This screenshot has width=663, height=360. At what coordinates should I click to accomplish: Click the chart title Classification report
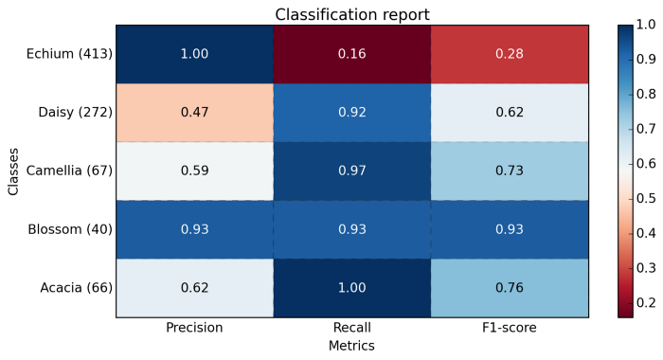tap(352, 14)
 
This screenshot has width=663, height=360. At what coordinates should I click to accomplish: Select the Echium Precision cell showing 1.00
tap(194, 54)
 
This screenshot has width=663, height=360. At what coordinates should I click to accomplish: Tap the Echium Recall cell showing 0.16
tap(352, 54)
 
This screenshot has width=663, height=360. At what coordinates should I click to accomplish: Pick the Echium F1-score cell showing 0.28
tap(510, 54)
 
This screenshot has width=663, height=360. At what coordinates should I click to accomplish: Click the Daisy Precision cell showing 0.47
tap(194, 113)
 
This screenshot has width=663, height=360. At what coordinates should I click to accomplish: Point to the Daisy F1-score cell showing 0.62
tap(510, 113)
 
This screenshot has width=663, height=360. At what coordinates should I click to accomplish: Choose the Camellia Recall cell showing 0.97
tap(352, 171)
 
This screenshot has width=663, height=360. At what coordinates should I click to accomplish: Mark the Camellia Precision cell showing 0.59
tap(194, 171)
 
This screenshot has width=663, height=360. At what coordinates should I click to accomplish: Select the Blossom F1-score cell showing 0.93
tap(510, 230)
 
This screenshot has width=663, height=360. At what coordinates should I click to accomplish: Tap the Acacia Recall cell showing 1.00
tap(352, 289)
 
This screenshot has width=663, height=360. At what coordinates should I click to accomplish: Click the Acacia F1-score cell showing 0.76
tap(510, 289)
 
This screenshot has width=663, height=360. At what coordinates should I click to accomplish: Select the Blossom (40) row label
tap(71, 230)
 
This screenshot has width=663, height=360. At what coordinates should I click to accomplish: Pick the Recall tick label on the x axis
tap(352, 328)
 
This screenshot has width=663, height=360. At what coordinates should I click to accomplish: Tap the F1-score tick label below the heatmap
tap(510, 328)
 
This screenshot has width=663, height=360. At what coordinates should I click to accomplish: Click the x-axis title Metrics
tap(352, 347)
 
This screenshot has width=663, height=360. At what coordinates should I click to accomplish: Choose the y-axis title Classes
tap(13, 171)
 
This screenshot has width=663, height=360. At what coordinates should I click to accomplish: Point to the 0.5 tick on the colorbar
tap(646, 198)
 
